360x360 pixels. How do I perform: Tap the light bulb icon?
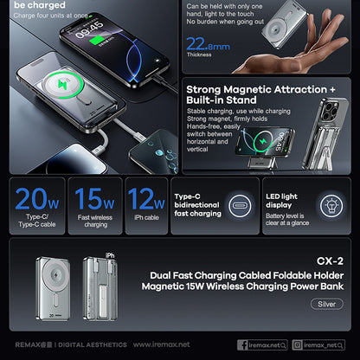pyautogui.click(x=331, y=206)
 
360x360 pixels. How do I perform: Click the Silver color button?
pyautogui.click(x=326, y=304)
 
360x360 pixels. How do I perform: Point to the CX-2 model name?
pyautogui.click(x=330, y=260)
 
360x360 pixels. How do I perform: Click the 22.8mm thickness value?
pyautogui.click(x=208, y=45)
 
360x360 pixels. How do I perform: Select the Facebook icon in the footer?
pyautogui.click(x=242, y=344)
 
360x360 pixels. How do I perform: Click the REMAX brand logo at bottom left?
pyautogui.click(x=32, y=344)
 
